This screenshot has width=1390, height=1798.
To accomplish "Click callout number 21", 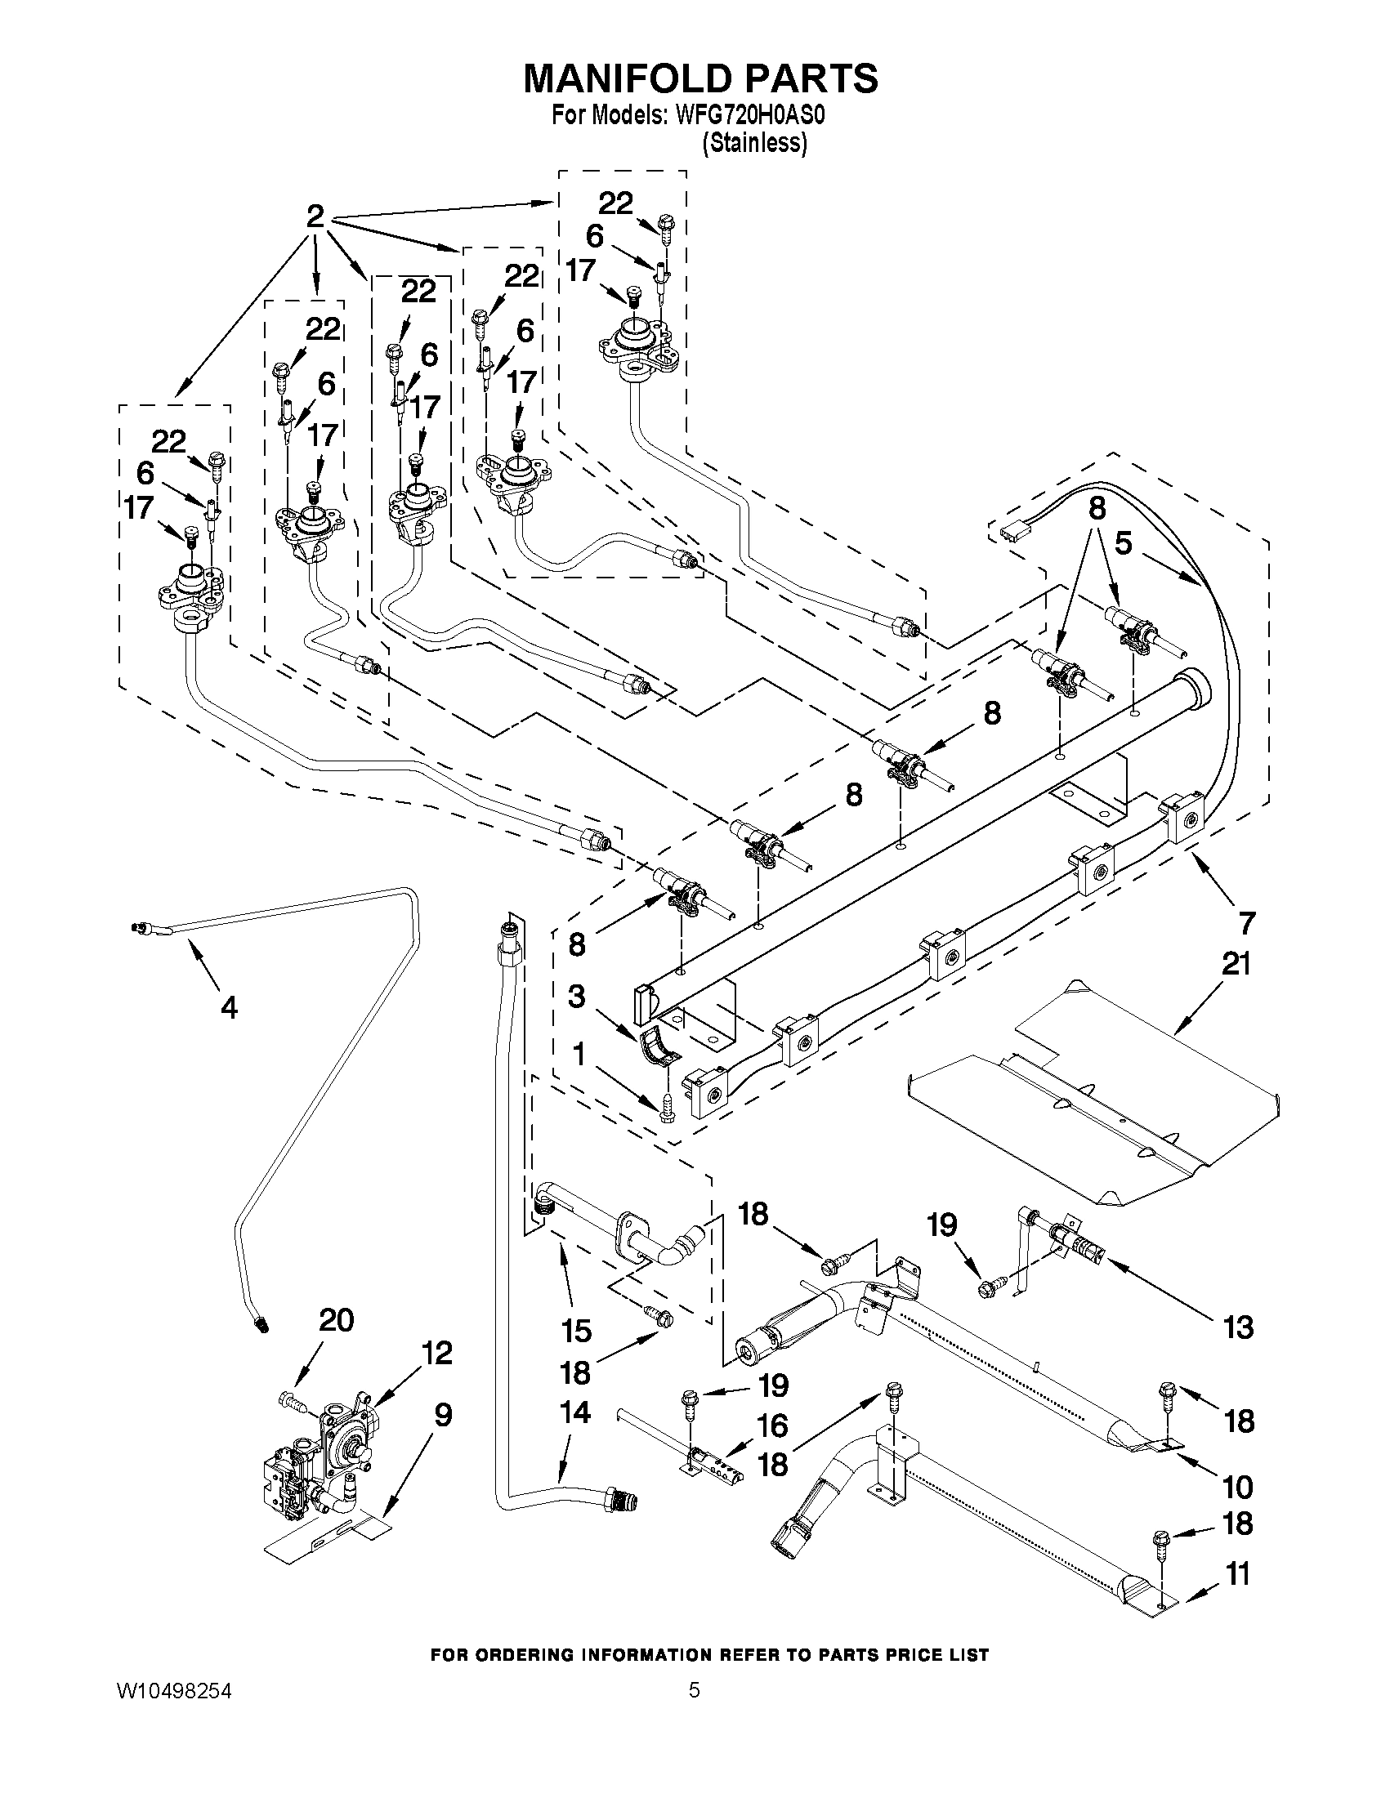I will click(x=1236, y=962).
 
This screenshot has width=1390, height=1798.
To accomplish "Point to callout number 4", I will click(x=229, y=1006).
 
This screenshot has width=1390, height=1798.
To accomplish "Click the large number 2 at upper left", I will click(x=315, y=216).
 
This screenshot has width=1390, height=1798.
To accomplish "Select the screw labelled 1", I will click(x=665, y=1108).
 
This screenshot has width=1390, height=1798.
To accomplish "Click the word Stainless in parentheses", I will click(x=753, y=143).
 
